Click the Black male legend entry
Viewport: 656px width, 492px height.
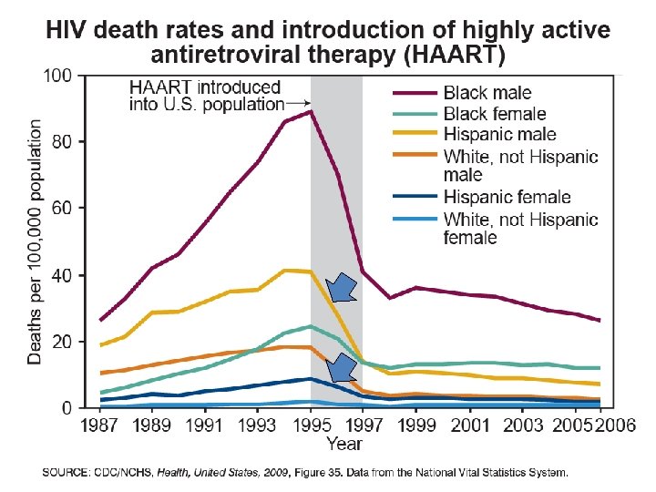click(x=487, y=93)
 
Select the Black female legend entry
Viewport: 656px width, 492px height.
click(x=495, y=114)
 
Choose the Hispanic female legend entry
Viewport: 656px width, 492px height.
click(x=506, y=197)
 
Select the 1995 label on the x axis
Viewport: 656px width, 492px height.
click(x=312, y=425)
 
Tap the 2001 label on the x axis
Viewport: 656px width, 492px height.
click(x=469, y=425)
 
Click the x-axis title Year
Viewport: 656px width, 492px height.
click(x=345, y=444)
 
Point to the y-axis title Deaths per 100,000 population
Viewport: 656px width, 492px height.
click(x=35, y=241)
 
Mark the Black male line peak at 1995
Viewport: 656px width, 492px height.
click(x=312, y=111)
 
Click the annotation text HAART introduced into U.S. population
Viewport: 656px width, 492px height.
click(x=205, y=96)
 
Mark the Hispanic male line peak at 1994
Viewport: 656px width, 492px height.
click(x=285, y=270)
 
